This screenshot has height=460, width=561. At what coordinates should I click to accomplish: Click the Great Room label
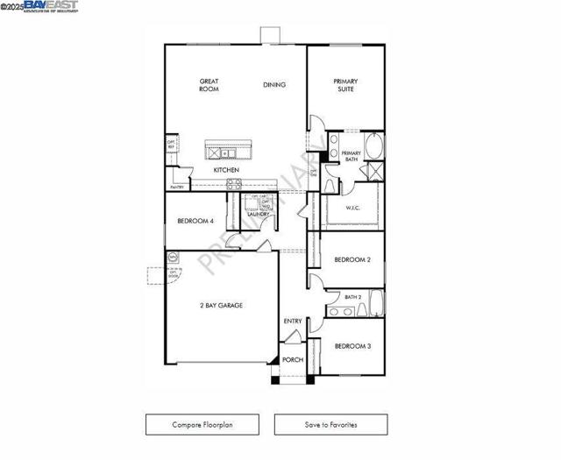pyautogui.click(x=209, y=85)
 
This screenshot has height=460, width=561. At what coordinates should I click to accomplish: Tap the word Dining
pyautogui.click(x=274, y=85)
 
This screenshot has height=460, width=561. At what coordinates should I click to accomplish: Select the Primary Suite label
pyautogui.click(x=345, y=85)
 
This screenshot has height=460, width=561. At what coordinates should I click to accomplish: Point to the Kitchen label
pyautogui.click(x=226, y=170)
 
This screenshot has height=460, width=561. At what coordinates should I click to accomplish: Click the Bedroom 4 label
pyautogui.click(x=195, y=221)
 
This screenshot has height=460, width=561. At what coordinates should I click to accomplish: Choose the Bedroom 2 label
pyautogui.click(x=352, y=259)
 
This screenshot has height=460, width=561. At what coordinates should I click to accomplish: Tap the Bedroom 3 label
pyautogui.click(x=352, y=346)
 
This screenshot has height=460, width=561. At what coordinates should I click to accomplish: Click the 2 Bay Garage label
pyautogui.click(x=221, y=305)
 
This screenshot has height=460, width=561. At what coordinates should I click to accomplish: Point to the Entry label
pyautogui.click(x=293, y=322)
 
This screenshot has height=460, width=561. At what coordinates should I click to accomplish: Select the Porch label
pyautogui.click(x=293, y=360)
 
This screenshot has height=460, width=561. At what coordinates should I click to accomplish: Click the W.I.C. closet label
pyautogui.click(x=353, y=209)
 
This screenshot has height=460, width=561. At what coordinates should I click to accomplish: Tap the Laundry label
pyautogui.click(x=257, y=214)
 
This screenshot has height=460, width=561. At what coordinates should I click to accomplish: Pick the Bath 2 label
pyautogui.click(x=352, y=297)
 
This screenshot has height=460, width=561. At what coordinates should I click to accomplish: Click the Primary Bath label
pyautogui.click(x=351, y=156)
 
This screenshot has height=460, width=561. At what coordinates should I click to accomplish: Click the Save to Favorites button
pyautogui.click(x=330, y=425)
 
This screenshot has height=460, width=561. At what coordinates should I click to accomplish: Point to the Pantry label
pyautogui.click(x=177, y=187)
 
